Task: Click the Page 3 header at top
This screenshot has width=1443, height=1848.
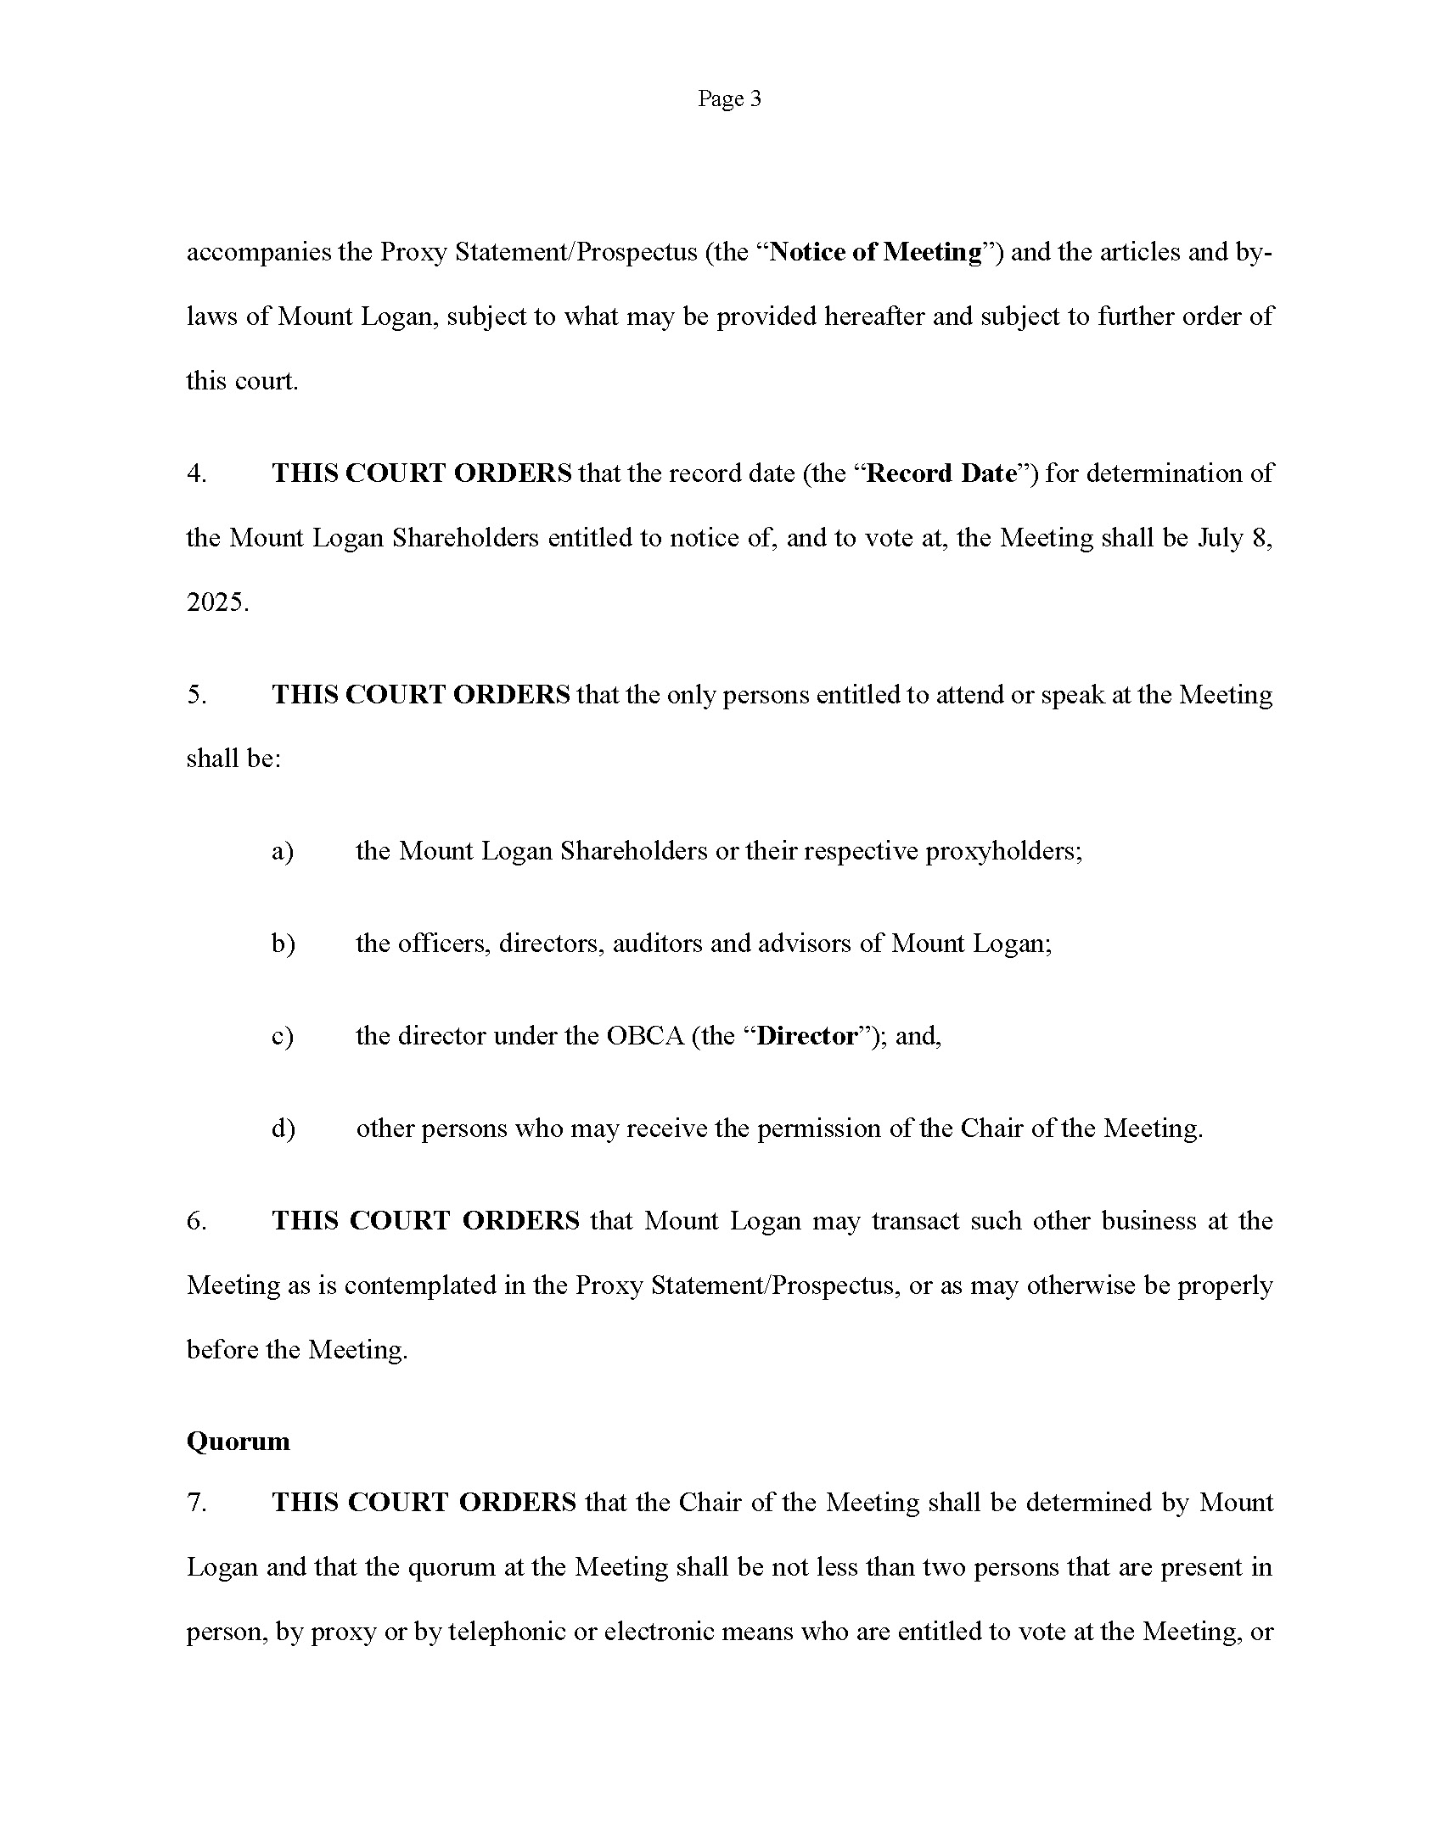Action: [x=729, y=99]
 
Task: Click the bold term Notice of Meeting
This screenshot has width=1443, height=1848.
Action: [x=875, y=252]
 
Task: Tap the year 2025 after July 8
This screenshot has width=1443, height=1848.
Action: [x=216, y=602]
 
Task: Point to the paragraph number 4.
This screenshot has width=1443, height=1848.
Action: [x=196, y=473]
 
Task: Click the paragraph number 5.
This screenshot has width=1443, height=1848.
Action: [x=196, y=695]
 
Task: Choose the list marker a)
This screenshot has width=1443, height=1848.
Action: [x=282, y=851]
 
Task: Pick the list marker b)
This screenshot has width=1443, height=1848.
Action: [x=283, y=944]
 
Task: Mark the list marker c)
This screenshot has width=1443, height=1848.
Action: [x=282, y=1036]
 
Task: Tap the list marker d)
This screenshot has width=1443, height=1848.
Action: [x=283, y=1128]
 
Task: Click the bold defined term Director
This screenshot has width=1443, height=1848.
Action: [x=807, y=1036]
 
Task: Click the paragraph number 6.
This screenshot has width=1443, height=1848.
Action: [x=196, y=1221]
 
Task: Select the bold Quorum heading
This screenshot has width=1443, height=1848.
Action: [x=238, y=1442]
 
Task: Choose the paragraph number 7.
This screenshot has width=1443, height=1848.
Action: [x=196, y=1503]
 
